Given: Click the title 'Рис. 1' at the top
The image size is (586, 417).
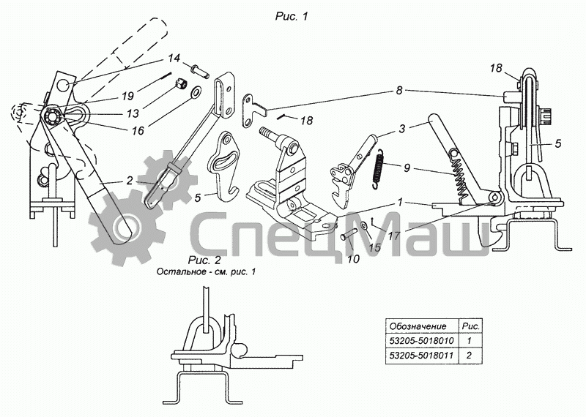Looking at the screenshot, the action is (x=292, y=16).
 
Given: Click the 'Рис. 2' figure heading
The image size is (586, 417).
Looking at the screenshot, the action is (x=204, y=260).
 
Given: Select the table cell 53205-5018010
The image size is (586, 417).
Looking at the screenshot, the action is (x=422, y=340).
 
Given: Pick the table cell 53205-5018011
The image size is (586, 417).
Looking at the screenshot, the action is (x=422, y=355).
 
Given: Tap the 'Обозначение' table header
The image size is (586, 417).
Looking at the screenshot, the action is (x=418, y=326).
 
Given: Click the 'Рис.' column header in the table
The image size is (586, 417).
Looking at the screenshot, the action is (x=471, y=326).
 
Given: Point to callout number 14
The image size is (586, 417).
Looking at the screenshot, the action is (x=174, y=59).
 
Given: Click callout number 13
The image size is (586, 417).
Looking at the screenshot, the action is (x=133, y=113).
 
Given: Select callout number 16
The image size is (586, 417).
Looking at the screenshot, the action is (x=138, y=130).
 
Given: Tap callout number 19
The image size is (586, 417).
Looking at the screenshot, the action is (x=127, y=97).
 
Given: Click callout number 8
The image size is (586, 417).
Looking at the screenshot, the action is (x=399, y=91).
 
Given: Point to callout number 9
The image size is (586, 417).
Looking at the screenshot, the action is (x=407, y=168).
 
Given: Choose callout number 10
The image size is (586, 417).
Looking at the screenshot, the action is (x=353, y=258).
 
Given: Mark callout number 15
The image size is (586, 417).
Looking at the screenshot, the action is (x=374, y=247).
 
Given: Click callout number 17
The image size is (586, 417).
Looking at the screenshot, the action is (x=394, y=236).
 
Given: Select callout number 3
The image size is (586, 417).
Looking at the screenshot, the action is (x=402, y=129).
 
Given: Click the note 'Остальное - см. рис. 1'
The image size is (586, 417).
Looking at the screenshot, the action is (x=207, y=271).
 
